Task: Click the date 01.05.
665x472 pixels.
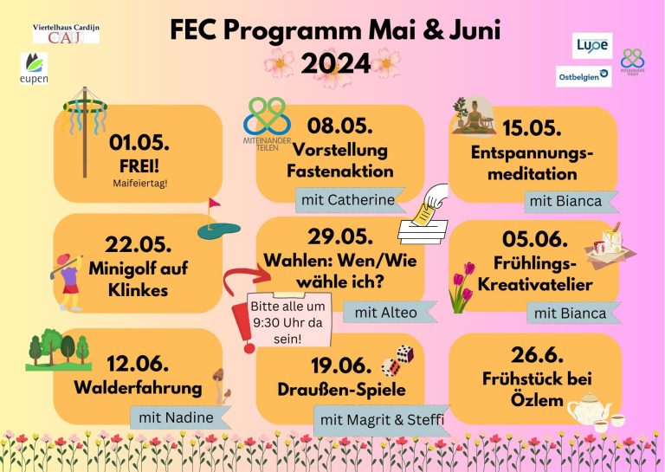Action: [139, 143]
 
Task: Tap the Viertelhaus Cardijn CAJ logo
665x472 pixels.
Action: [66, 34]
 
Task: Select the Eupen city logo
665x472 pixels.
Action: [34, 68]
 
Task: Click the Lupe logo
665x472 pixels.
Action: [592, 45]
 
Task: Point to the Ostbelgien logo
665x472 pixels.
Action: [584, 76]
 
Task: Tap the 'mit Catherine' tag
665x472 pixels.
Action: [350, 200]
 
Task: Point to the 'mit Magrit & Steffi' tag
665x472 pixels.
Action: [382, 420]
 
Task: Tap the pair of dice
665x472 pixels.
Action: [397, 361]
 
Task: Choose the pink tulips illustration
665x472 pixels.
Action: [462, 288]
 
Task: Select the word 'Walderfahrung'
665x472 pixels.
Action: [138, 388]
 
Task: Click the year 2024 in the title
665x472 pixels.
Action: [336, 64]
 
